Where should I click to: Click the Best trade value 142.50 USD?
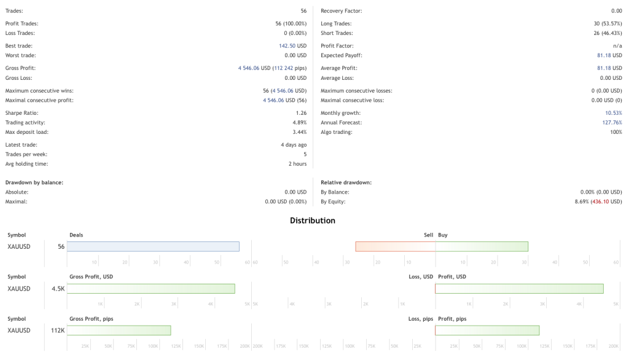[x=292, y=46]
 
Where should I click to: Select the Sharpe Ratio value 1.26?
[x=300, y=113]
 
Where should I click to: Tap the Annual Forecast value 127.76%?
[x=612, y=123]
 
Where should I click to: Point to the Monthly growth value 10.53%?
[x=613, y=113]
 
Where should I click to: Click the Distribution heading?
[x=313, y=221]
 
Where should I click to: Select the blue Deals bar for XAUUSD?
[x=153, y=246]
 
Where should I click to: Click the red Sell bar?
[x=395, y=246]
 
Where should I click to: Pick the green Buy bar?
[x=482, y=246]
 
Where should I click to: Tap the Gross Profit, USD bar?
[x=151, y=289]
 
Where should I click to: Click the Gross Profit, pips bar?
[x=119, y=331]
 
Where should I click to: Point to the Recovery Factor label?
[x=341, y=11]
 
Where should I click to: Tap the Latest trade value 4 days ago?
[x=294, y=145]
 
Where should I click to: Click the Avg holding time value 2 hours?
[x=297, y=164]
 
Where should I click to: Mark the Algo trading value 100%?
[x=615, y=132]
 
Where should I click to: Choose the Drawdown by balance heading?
[x=34, y=182]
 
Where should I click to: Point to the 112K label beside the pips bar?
[x=58, y=331]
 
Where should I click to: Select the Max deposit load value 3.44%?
[x=299, y=132]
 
